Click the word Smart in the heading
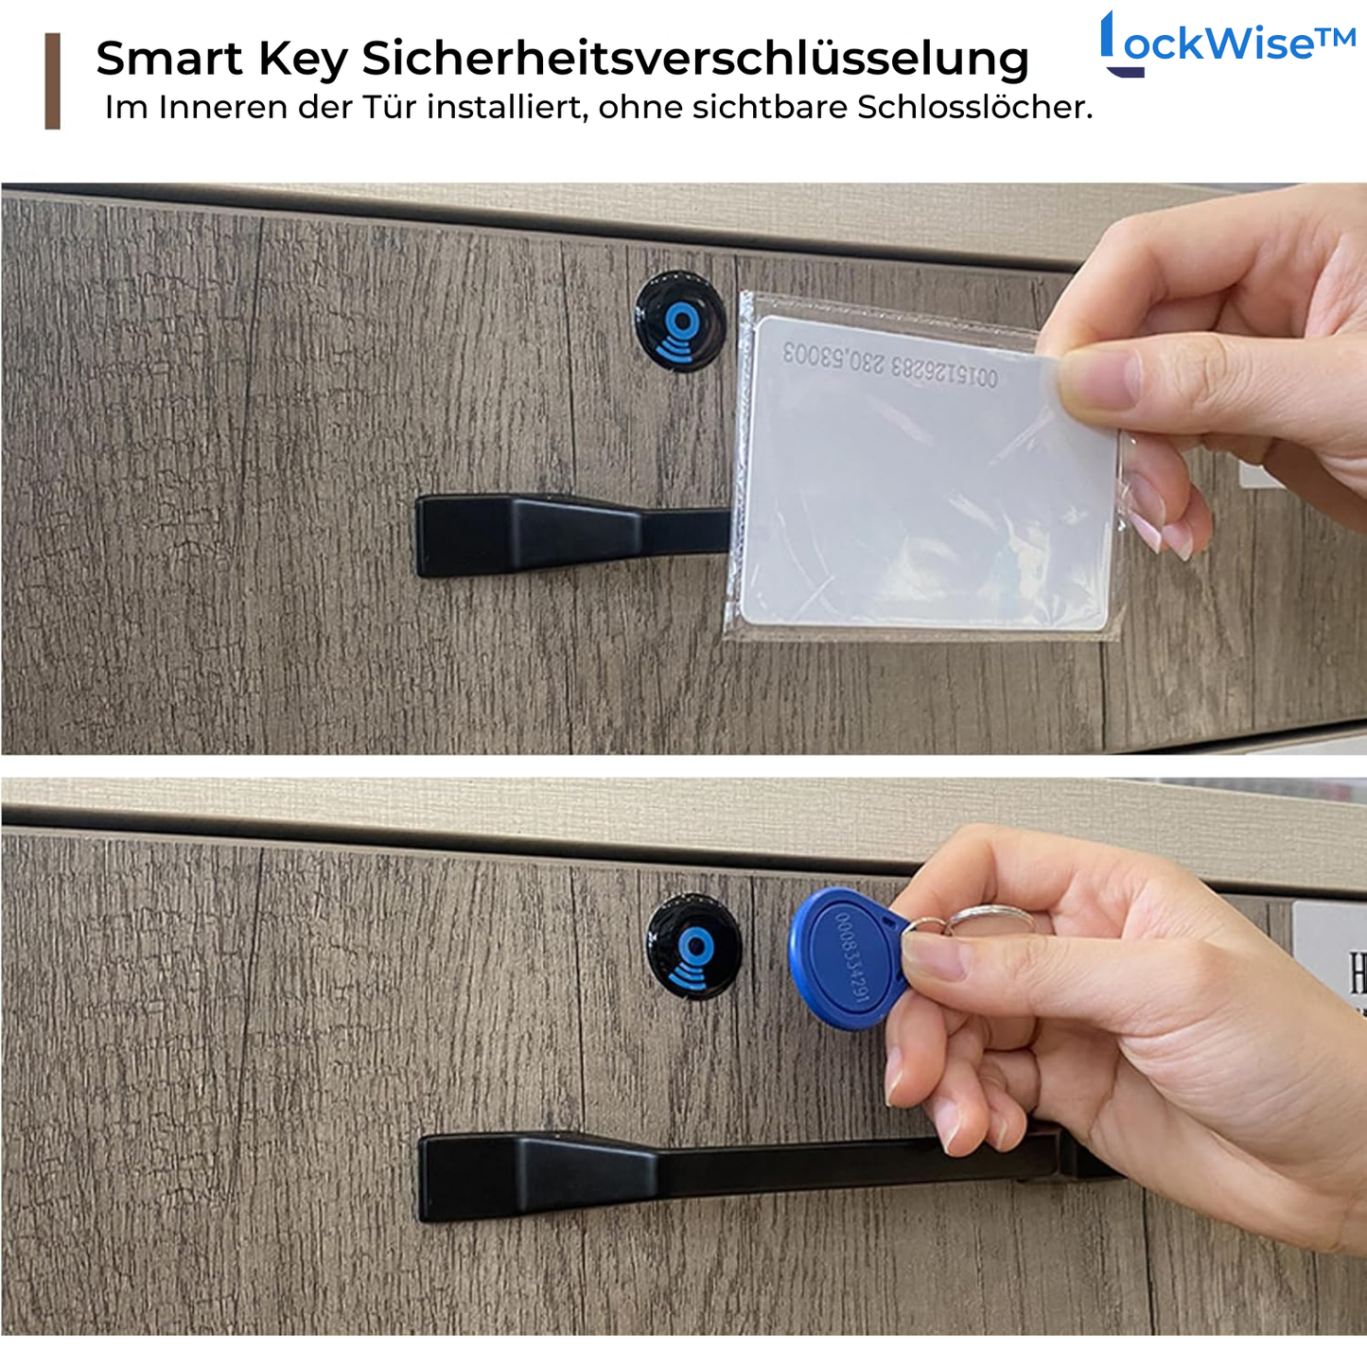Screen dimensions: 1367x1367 [x=169, y=59]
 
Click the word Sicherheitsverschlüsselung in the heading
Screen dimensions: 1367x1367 [x=695, y=59]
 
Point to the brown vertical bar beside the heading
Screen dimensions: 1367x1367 [x=53, y=81]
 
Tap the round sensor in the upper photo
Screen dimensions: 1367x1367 [x=679, y=322]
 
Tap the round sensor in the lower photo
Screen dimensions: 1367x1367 [x=694, y=947]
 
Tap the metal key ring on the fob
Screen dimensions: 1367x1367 [x=984, y=918]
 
